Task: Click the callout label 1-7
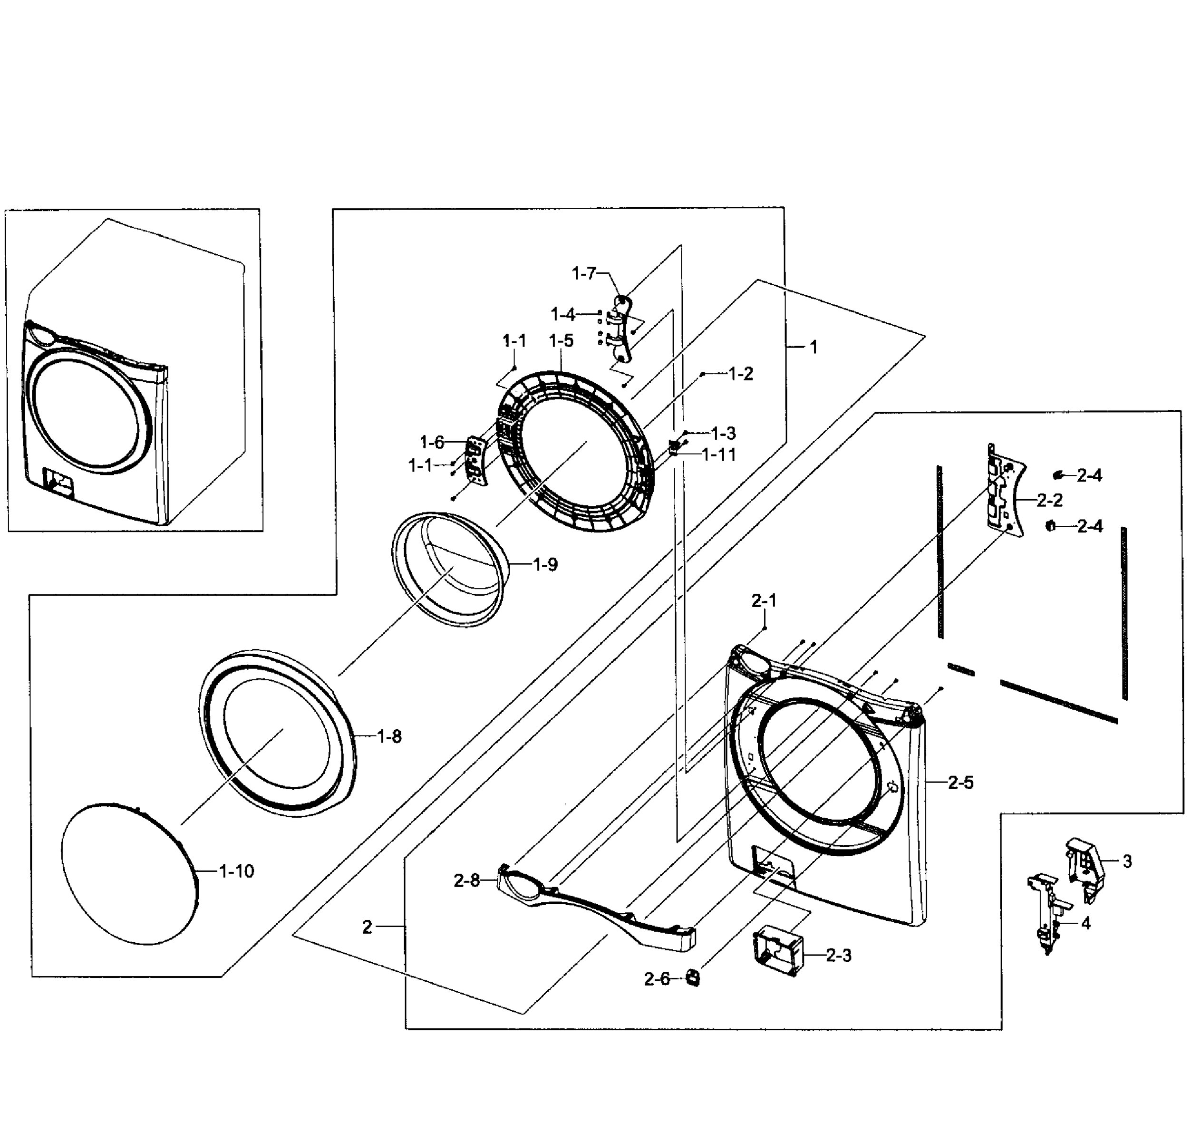click(584, 274)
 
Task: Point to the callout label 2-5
click(960, 783)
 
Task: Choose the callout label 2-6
click(656, 979)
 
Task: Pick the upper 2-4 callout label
click(1089, 475)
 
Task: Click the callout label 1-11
click(719, 455)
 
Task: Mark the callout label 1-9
click(545, 564)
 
